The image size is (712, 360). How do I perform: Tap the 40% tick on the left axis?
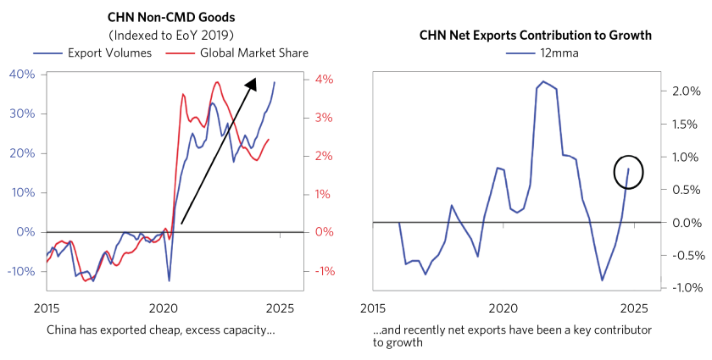click(22, 75)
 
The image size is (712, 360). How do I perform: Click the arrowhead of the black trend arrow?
click(252, 81)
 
